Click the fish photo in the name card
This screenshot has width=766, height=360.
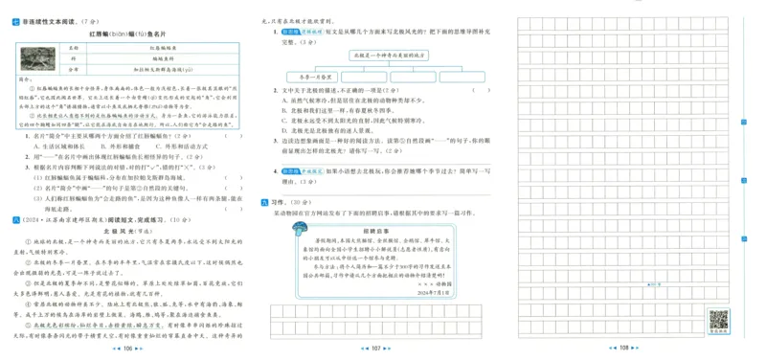point(39,57)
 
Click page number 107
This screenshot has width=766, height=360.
point(376,349)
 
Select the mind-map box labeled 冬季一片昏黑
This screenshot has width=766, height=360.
point(314,77)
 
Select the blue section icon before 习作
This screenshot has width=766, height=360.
point(265,202)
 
